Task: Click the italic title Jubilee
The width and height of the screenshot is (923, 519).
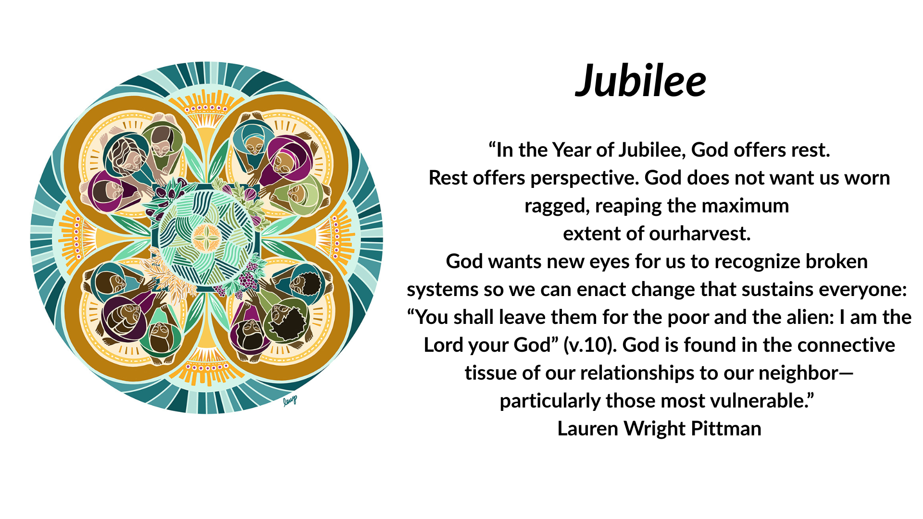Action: [641, 81]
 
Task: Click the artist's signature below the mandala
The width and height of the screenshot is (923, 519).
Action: [290, 400]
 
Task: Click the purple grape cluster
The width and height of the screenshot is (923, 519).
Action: [248, 277]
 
